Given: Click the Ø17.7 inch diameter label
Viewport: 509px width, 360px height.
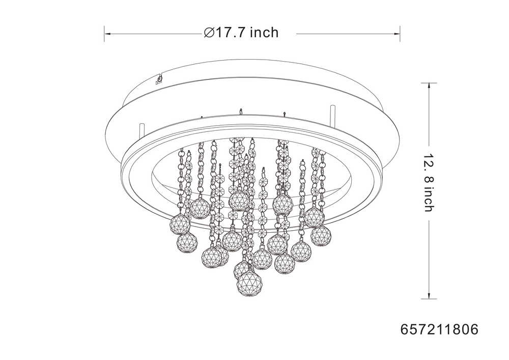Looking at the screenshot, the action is pyautogui.click(x=241, y=33).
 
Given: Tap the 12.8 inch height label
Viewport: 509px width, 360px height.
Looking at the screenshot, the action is pyautogui.click(x=429, y=182).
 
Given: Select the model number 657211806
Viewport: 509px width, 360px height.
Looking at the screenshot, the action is pyautogui.click(x=439, y=329).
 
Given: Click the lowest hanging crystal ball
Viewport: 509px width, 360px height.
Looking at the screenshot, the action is pyautogui.click(x=249, y=284).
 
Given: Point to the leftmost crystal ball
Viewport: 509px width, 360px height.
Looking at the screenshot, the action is pyautogui.click(x=180, y=224).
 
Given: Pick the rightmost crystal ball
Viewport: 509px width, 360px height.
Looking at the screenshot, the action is pyautogui.click(x=321, y=235).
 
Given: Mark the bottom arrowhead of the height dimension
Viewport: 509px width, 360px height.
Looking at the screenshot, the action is pyautogui.click(x=429, y=295).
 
